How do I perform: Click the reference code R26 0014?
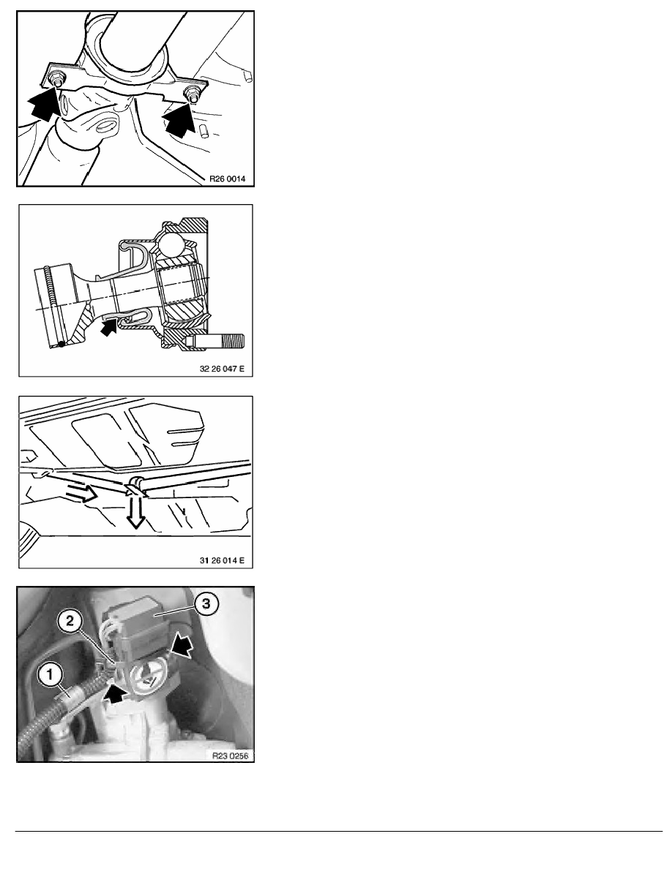coord(227,179)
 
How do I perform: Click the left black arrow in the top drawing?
coord(45,105)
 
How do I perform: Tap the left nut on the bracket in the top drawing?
coord(56,78)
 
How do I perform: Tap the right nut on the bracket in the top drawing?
coord(192,93)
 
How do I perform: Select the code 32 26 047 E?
coord(221,369)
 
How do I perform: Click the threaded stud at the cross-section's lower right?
coord(218,340)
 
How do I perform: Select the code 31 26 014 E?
coord(221,560)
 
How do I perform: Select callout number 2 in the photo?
coord(70,621)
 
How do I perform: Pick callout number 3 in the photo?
coord(206,603)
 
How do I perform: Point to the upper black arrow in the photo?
coord(182,645)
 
